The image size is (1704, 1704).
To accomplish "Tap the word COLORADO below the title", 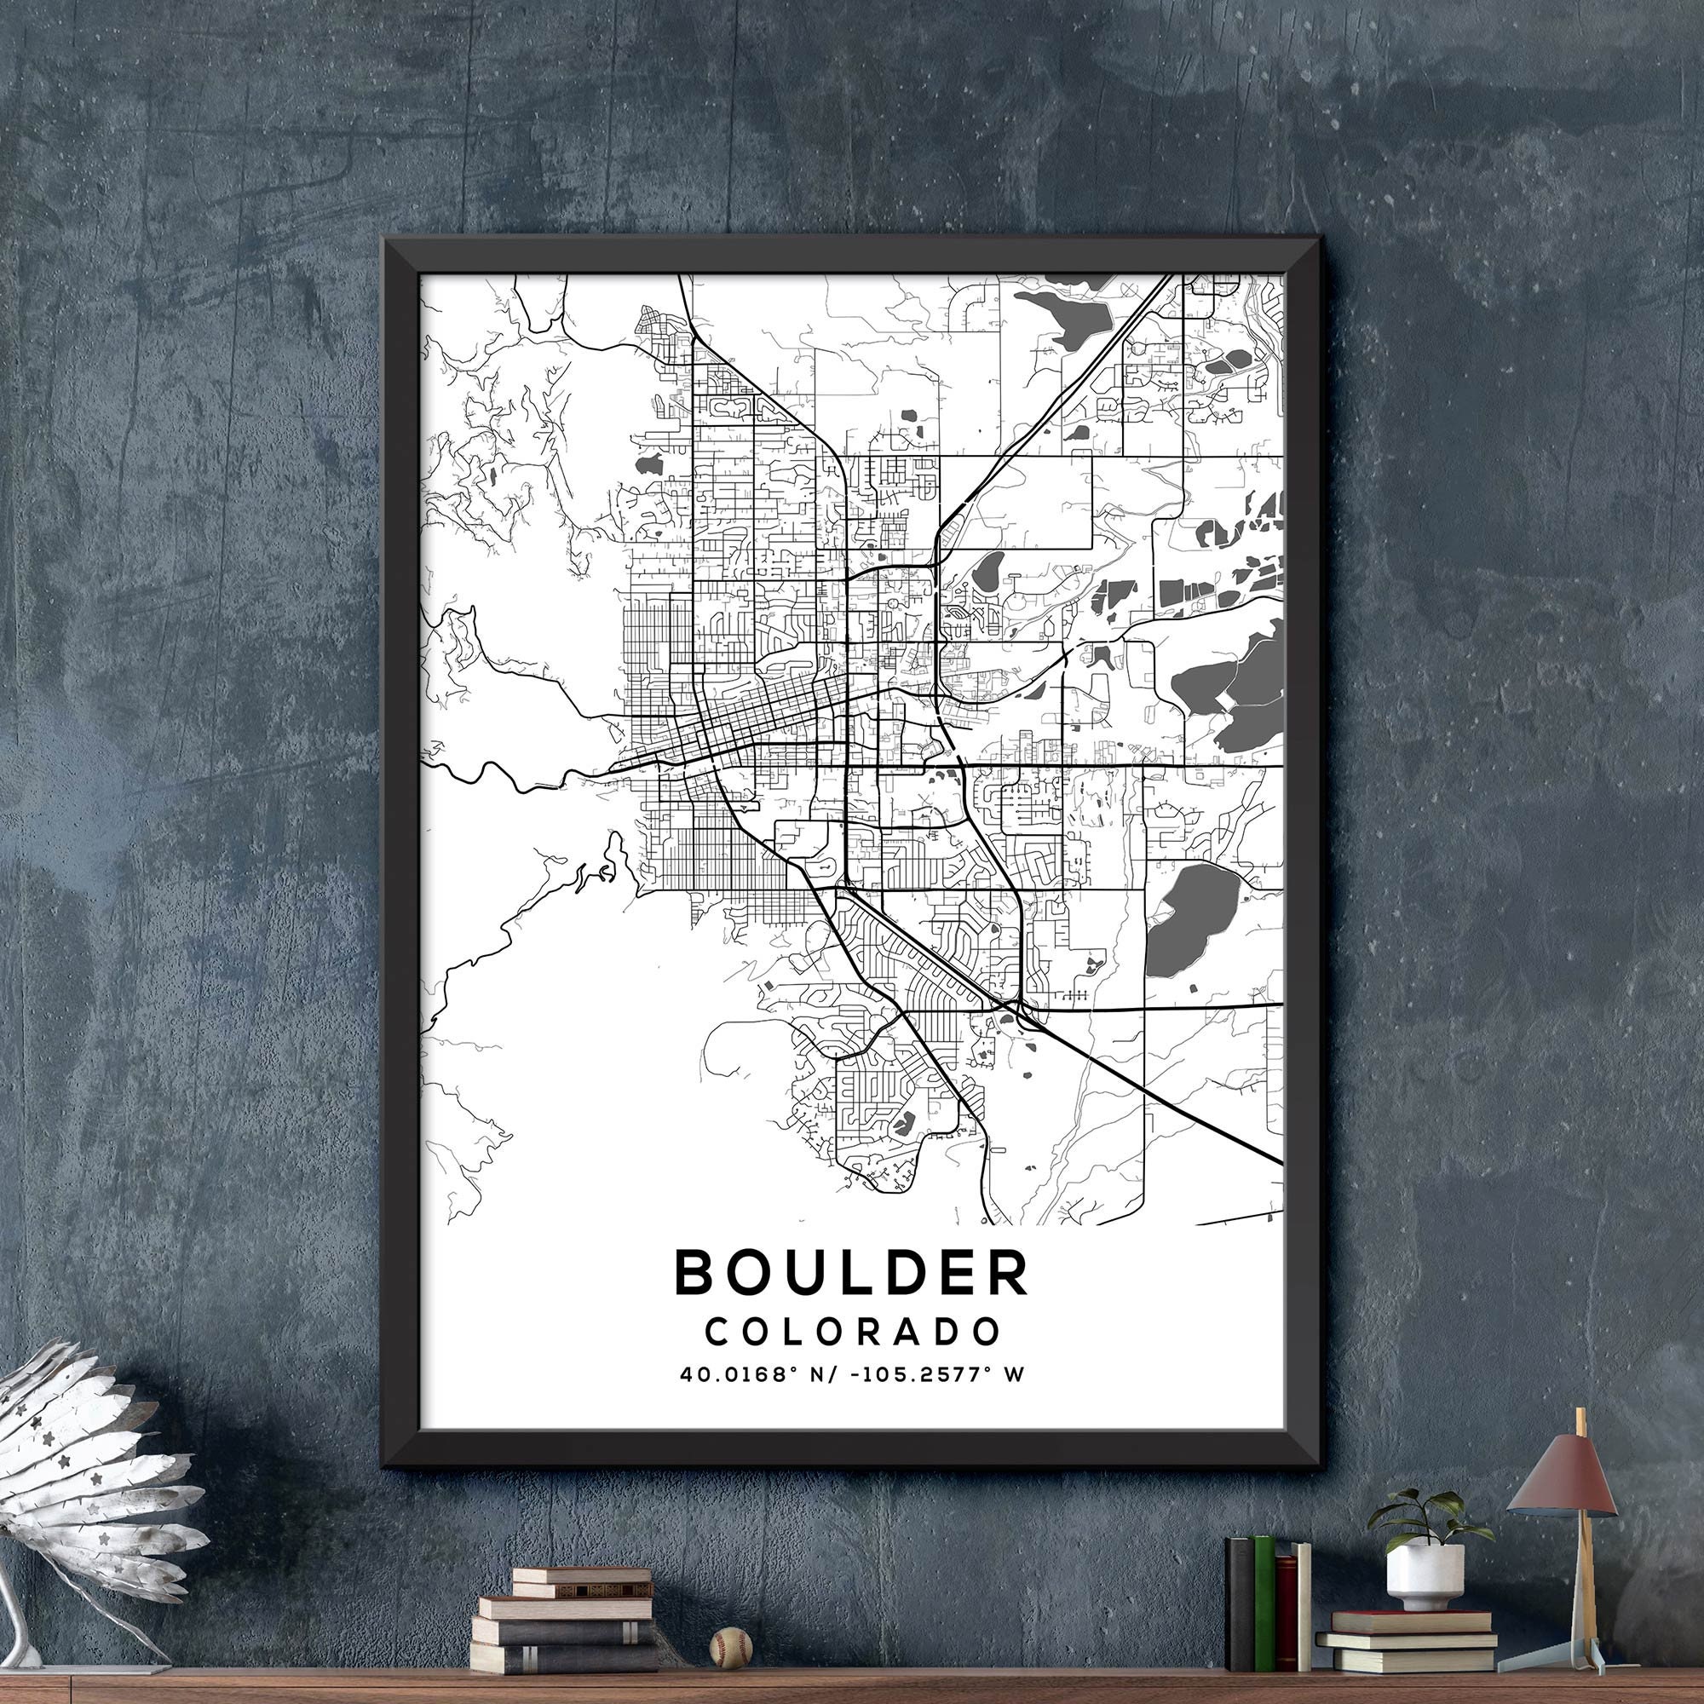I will point(852,1332).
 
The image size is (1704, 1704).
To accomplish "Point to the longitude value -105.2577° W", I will point(930,1374).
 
